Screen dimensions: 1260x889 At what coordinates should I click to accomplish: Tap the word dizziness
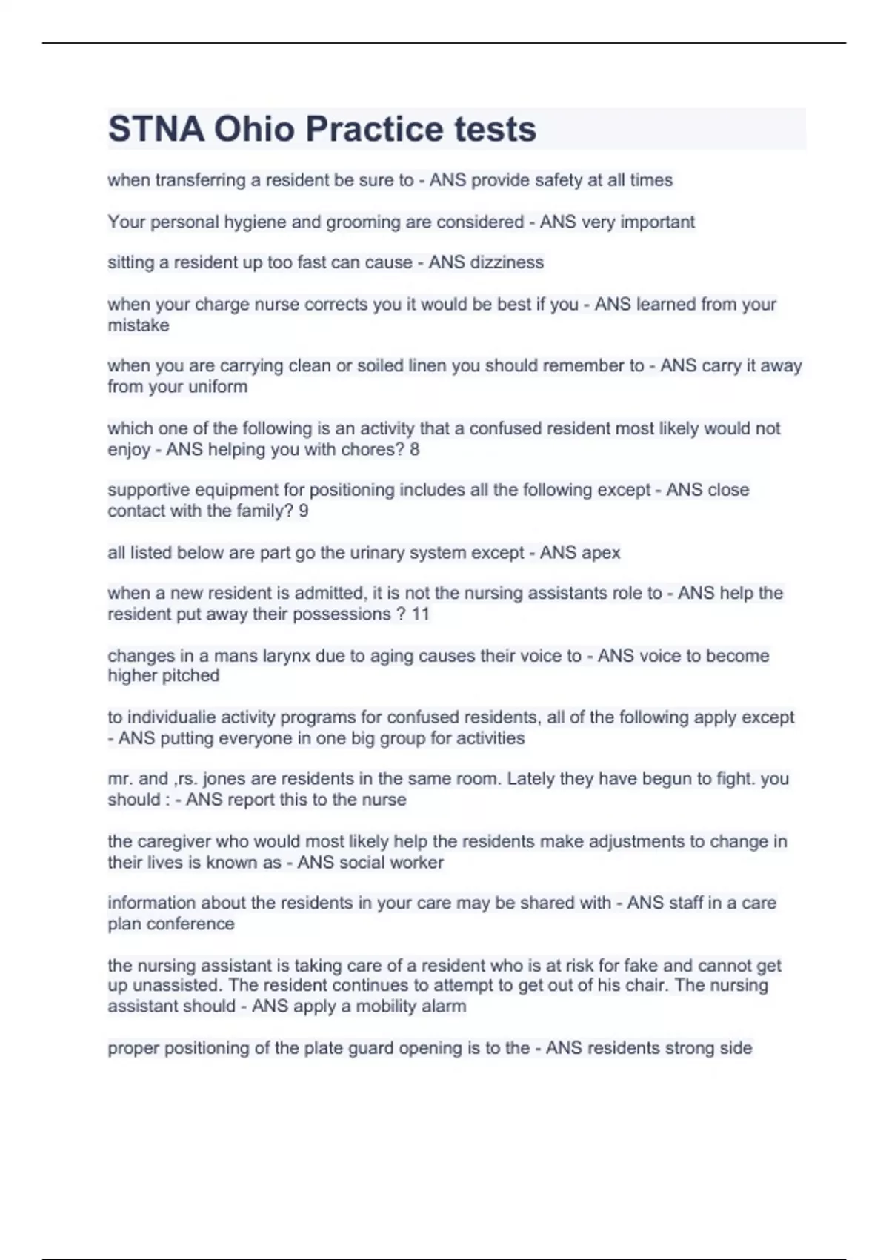507,262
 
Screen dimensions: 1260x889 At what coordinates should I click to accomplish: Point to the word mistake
138,325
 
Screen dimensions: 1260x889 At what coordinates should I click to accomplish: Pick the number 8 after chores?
414,449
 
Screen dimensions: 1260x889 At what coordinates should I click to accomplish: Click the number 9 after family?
303,511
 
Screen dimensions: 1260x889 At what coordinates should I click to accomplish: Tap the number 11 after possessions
420,614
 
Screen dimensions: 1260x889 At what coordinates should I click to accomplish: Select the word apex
602,553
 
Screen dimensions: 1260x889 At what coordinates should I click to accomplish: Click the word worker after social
419,863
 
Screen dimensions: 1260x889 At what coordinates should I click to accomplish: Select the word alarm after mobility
443,1007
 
